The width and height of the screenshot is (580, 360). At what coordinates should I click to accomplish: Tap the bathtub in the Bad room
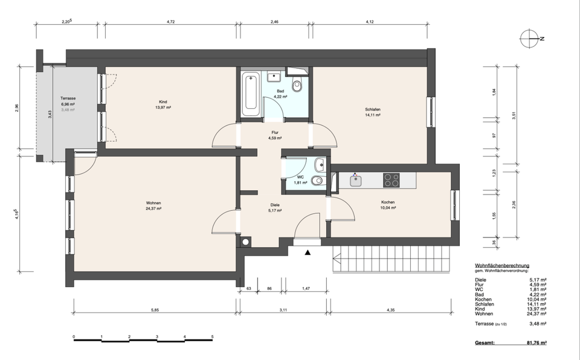point(250,94)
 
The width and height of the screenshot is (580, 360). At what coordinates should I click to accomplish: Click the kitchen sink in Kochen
point(356,179)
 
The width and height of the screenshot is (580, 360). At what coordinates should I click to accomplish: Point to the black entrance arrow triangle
point(309,253)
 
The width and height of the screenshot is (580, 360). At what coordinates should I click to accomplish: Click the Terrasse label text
point(68,98)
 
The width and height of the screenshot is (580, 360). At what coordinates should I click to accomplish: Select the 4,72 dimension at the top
point(171,22)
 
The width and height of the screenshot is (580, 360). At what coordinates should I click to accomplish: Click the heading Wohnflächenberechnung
point(502,265)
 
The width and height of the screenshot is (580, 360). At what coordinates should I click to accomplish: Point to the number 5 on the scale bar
point(212,336)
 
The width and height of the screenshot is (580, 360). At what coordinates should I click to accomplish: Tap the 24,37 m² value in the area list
point(538,313)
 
